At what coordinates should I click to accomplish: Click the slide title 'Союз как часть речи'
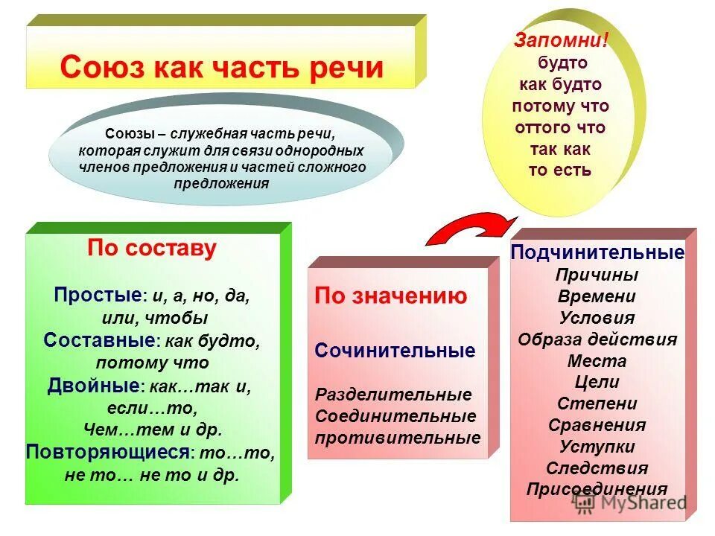pos(221,67)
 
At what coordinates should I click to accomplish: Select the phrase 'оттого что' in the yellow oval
pos(560,127)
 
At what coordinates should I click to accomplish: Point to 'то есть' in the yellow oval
pos(560,170)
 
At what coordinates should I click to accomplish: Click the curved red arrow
pos(470,226)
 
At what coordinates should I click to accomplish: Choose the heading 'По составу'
pos(152,248)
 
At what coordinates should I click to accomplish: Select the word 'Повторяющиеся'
pos(108,452)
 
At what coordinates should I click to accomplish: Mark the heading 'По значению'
pos(391,296)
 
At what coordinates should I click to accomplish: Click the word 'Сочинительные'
pos(395,351)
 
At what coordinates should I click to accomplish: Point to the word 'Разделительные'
pos(393,395)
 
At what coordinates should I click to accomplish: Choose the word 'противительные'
pos(398,438)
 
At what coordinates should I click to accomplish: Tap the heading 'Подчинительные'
pos(597,252)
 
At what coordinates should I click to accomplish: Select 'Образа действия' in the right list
pos(597,339)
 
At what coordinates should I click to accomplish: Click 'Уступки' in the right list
pos(597,447)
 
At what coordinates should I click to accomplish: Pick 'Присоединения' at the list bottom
pos(597,489)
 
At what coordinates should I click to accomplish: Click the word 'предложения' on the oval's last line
pos(223,183)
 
